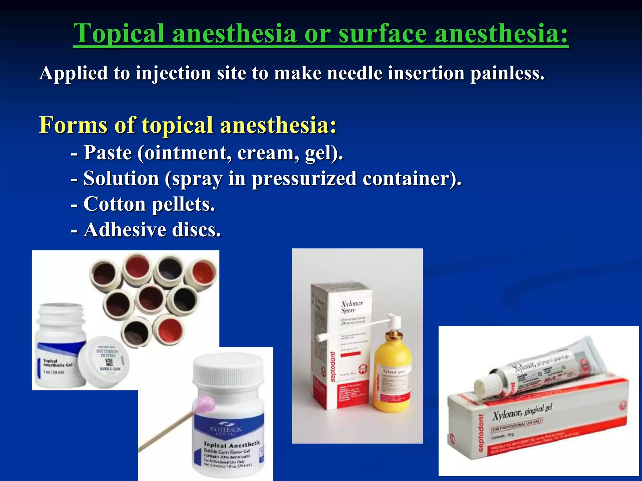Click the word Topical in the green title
point(119,34)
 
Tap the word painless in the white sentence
point(507,73)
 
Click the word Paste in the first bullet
point(108,153)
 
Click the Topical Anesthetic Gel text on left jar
point(57,363)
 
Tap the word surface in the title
point(382,34)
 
